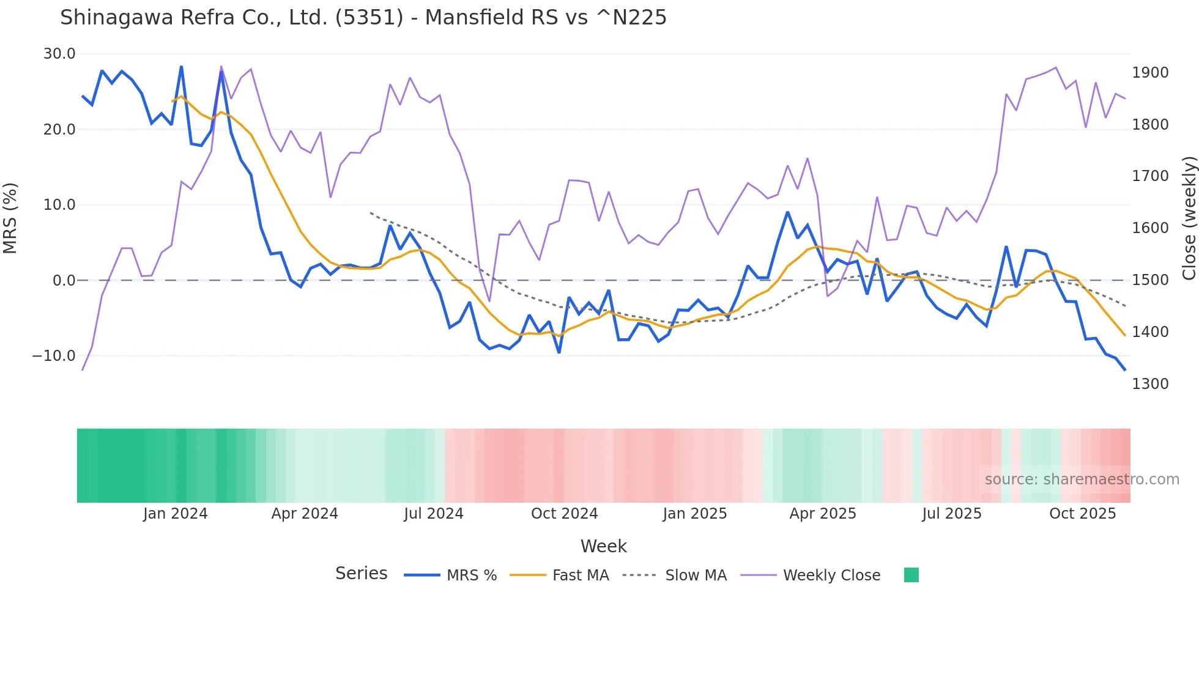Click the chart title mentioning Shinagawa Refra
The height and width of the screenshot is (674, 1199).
click(x=363, y=18)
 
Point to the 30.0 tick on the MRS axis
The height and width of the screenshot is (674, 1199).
click(x=59, y=54)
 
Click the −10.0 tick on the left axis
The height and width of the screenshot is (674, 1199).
click(x=54, y=356)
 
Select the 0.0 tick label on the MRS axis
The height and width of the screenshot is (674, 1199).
click(x=64, y=281)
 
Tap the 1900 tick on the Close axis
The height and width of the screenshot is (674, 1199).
click(x=1150, y=73)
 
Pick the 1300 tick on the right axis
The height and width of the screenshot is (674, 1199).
click(x=1150, y=384)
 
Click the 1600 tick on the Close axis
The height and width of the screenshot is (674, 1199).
click(x=1150, y=228)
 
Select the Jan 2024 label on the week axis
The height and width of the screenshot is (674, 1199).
click(x=176, y=514)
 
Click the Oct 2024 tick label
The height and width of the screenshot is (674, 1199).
click(x=564, y=514)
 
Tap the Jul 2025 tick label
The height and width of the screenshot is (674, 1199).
click(x=952, y=514)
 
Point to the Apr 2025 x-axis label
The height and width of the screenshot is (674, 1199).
click(x=823, y=514)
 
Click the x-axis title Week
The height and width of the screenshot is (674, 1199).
click(x=603, y=546)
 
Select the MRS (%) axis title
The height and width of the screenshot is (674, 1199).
click(x=10, y=218)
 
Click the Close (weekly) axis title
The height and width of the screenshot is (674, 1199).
click(x=1189, y=218)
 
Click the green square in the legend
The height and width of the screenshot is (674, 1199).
click(x=911, y=575)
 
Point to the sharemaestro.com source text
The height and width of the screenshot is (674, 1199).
click(x=1082, y=480)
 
